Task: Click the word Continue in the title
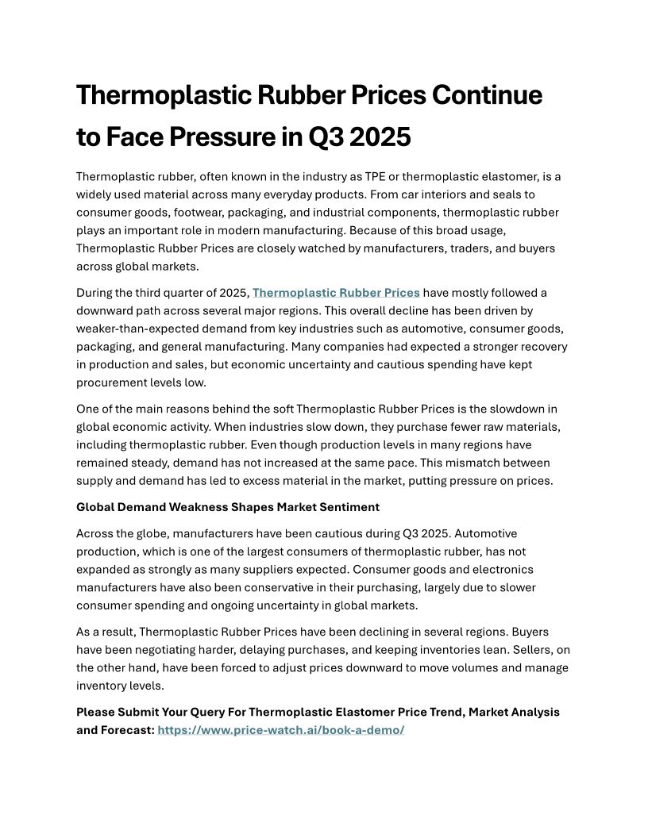[487, 95]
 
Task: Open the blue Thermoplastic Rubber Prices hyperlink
[336, 293]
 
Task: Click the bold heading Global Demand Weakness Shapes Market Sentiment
[228, 506]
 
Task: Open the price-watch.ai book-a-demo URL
[281, 729]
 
